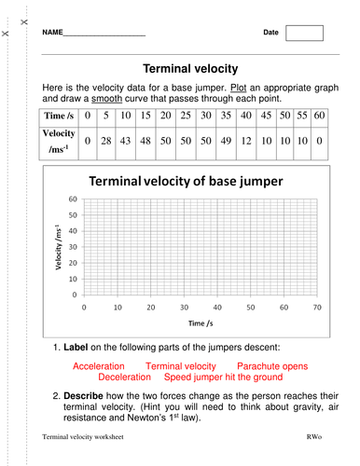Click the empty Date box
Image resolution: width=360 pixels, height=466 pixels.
tap(304, 33)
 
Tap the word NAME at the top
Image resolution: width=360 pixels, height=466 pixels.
tap(52, 33)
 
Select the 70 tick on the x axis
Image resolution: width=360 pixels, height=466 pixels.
tap(317, 307)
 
